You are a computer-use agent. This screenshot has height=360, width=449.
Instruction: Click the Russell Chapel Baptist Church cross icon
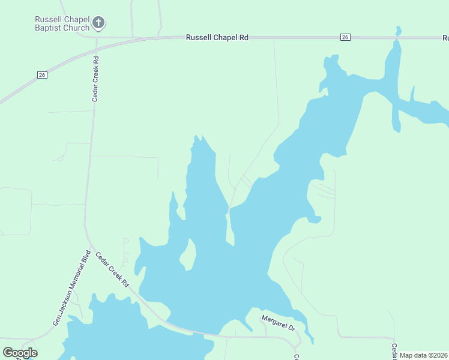click(x=99, y=23)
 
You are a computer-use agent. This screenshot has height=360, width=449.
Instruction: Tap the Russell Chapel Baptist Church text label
click(x=62, y=23)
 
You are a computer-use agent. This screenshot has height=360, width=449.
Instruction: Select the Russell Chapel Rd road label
click(x=217, y=37)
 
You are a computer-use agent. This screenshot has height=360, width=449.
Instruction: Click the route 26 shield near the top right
click(x=345, y=37)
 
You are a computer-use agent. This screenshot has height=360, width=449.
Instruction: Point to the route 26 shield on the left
click(x=41, y=75)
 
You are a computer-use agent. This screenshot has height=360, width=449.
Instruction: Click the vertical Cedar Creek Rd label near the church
click(x=95, y=79)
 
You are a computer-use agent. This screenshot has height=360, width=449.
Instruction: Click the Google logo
click(x=20, y=353)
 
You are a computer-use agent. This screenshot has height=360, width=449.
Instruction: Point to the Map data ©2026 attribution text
click(x=424, y=355)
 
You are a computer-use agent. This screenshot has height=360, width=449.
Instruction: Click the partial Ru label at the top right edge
click(x=445, y=38)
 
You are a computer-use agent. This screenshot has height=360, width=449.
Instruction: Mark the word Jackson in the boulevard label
click(x=64, y=301)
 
